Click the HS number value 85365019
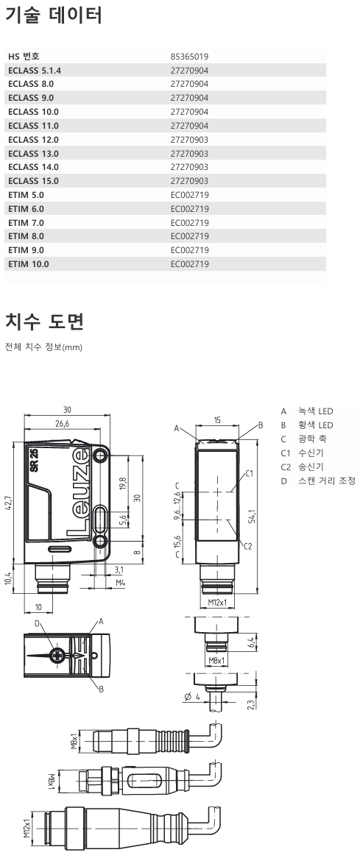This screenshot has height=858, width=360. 189,56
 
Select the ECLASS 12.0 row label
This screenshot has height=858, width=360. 33,139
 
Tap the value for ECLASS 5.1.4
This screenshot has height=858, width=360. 189,70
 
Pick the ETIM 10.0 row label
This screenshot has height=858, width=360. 29,263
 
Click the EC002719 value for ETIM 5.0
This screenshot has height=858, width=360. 189,194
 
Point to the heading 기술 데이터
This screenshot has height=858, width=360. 54,15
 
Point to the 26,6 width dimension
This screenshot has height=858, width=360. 61,424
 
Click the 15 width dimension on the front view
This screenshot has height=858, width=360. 217,420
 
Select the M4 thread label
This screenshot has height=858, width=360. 119,582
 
